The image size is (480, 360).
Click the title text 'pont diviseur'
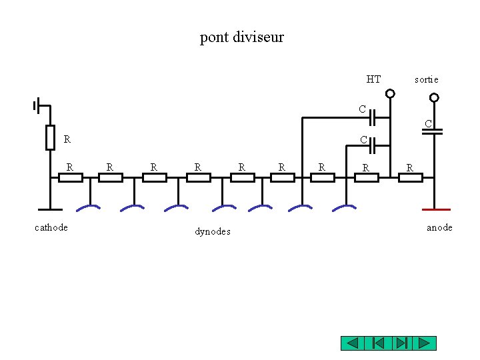click(x=241, y=37)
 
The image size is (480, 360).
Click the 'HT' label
click(x=373, y=79)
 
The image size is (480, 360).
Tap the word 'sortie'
click(x=426, y=79)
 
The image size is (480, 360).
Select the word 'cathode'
click(x=51, y=227)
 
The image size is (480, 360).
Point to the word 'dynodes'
click(x=213, y=231)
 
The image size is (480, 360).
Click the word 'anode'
click(x=439, y=227)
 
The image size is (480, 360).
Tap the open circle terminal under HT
click(x=391, y=94)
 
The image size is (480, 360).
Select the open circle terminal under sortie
click(x=434, y=97)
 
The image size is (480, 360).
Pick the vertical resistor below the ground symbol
click(x=50, y=137)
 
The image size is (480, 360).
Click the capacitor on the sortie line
click(x=433, y=131)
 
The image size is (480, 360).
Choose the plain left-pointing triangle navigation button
click(x=353, y=343)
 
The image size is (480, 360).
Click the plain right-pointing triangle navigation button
click(x=423, y=343)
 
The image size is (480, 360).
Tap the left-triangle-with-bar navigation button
click(x=377, y=343)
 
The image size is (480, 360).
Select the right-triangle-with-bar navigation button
click(x=400, y=343)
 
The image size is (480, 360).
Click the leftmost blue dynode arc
click(x=88, y=208)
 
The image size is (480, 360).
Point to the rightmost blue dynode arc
click(x=344, y=208)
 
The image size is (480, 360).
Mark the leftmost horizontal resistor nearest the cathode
click(x=70, y=177)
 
